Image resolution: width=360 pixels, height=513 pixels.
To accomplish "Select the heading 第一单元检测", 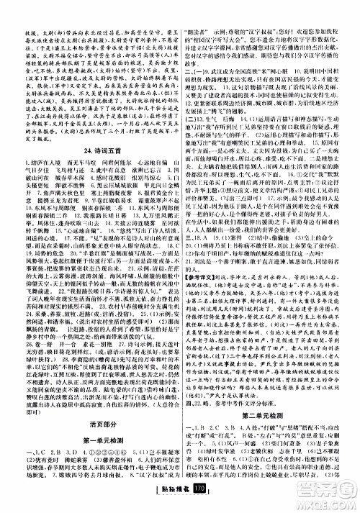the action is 91,422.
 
